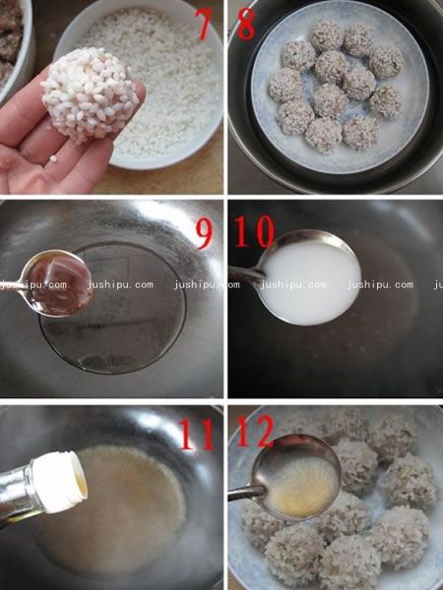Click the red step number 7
point(205,24)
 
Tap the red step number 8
point(247,24)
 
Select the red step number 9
point(205,234)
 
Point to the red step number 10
point(255,231)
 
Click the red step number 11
point(198,435)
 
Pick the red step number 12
point(255,431)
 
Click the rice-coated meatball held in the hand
point(89,94)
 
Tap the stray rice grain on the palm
point(53,158)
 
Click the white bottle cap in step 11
point(60,482)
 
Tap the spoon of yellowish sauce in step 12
point(297,478)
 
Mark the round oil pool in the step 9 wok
point(113,308)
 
